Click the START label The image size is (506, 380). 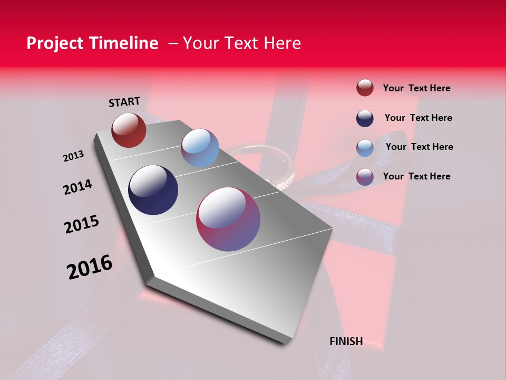(124, 102)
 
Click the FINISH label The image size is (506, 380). (346, 341)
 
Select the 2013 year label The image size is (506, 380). (73, 156)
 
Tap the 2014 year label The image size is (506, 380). (77, 187)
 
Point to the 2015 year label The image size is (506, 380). (82, 224)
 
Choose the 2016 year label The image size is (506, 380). (90, 267)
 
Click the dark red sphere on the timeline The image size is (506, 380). (129, 130)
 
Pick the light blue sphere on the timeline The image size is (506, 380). (200, 148)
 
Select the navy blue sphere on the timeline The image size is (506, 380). (153, 190)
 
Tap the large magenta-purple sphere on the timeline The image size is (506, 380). (228, 219)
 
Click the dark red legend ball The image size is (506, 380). (365, 88)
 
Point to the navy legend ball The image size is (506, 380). (365, 118)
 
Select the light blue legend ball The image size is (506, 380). (365, 148)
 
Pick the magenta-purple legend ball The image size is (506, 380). (365, 177)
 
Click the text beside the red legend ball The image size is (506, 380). (416, 88)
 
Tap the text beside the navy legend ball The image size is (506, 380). (418, 118)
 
